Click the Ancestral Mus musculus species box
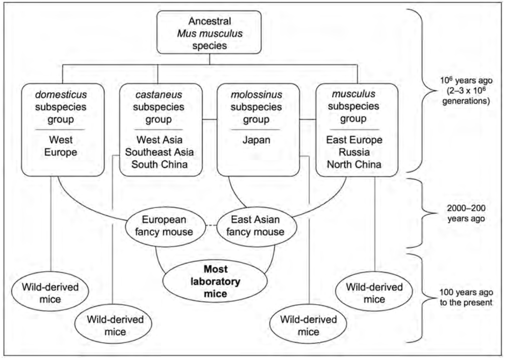click(x=209, y=33)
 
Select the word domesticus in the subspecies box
click(x=61, y=95)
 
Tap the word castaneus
click(x=159, y=95)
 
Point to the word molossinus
click(x=256, y=95)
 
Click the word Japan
click(x=256, y=140)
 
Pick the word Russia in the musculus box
click(x=354, y=152)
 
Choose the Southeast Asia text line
click(x=159, y=152)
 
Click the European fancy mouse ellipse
click(x=164, y=226)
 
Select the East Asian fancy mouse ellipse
click(x=256, y=226)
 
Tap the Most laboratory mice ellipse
click(x=215, y=281)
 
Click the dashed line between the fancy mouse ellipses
click(x=211, y=226)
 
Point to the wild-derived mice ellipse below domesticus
click(x=50, y=293)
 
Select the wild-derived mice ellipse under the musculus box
click(x=374, y=293)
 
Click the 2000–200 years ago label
click(x=466, y=213)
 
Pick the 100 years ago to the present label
click(x=466, y=297)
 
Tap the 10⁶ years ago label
click(x=466, y=91)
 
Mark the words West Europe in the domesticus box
click(x=61, y=146)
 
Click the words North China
click(x=354, y=165)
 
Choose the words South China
click(x=159, y=165)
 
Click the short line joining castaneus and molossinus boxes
click(x=210, y=120)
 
